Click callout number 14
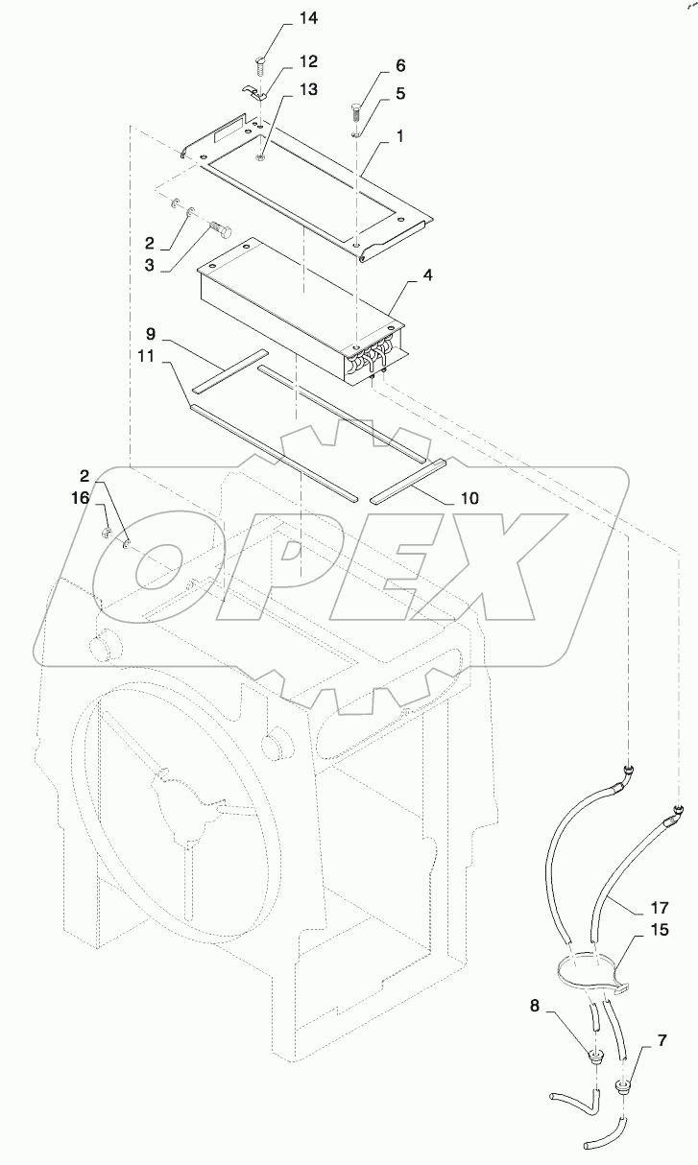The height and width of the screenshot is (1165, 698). [281, 18]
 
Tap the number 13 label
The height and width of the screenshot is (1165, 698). [281, 89]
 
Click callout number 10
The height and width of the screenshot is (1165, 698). [469, 498]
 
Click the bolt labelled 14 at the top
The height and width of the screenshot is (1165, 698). [261, 66]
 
